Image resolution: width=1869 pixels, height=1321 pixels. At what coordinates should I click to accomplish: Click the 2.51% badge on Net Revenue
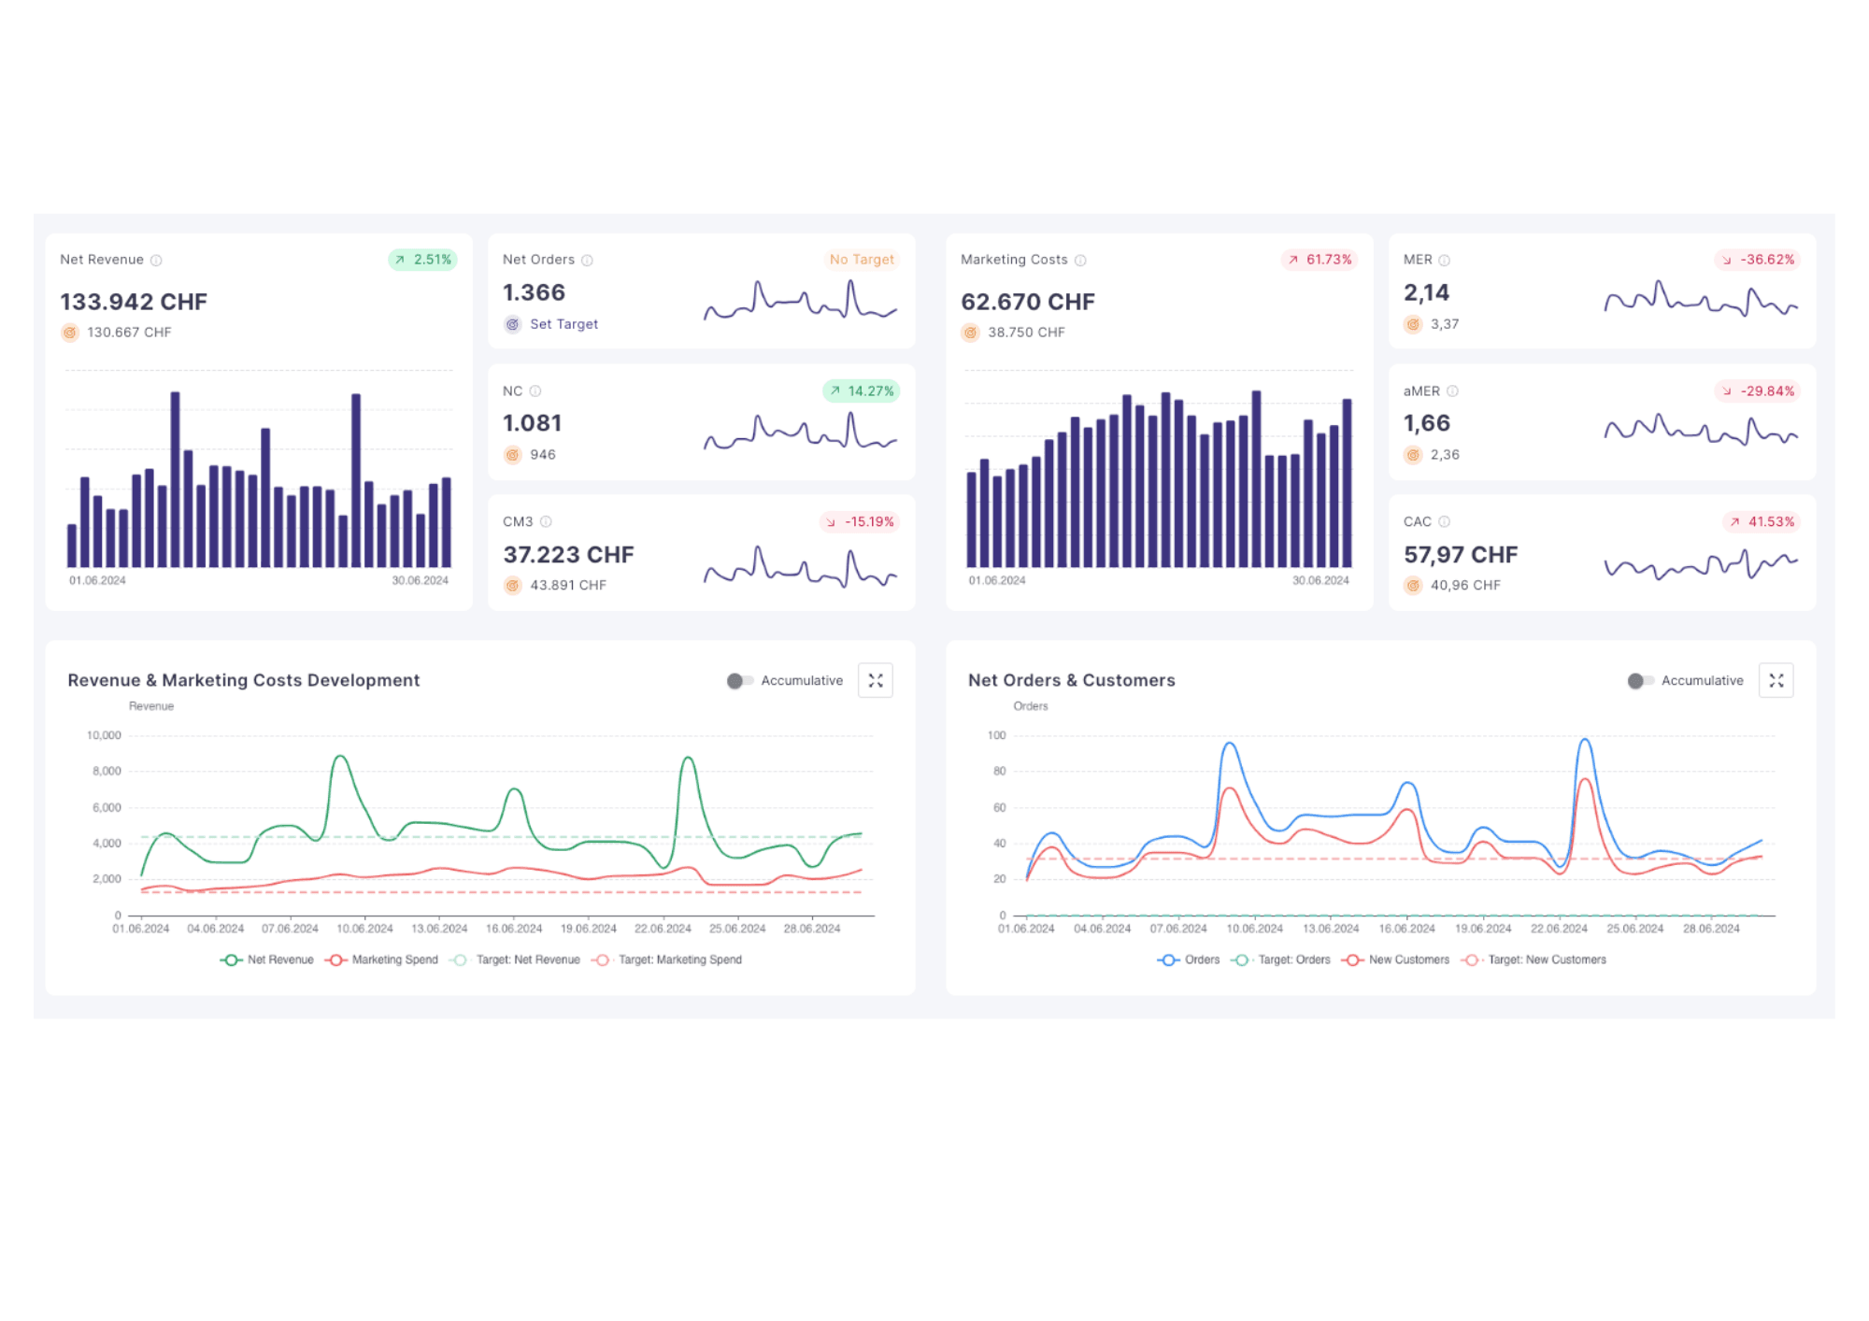coord(422,260)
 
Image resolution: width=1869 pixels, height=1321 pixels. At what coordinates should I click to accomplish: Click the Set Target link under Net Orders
coord(563,324)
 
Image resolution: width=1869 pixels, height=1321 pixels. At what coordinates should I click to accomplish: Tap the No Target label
coord(861,260)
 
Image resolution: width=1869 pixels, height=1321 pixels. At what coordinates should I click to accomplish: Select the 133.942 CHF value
coord(134,302)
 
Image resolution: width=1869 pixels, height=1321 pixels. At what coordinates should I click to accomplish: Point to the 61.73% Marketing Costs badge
coord(1320,260)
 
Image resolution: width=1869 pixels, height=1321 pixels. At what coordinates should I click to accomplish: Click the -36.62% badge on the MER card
coord(1758,260)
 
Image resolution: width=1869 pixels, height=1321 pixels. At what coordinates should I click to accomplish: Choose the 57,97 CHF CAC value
coord(1460,555)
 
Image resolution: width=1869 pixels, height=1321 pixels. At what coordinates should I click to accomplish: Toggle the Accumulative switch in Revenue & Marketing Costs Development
coord(739,681)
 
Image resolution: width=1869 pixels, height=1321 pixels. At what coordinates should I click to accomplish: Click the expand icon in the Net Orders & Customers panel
coord(1776,681)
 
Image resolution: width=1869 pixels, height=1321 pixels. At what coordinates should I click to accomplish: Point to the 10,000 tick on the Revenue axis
coord(104,735)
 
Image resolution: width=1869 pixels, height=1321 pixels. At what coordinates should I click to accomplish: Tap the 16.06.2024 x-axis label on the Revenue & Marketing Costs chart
coord(514,929)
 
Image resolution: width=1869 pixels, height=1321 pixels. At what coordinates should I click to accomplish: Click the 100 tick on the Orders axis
coord(996,735)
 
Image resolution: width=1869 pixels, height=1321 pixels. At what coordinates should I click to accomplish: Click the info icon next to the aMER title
coord(1452,391)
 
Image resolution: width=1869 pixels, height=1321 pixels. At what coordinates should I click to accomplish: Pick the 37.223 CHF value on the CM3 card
coord(568,555)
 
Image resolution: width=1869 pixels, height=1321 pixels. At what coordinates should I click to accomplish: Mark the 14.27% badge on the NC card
coord(861,391)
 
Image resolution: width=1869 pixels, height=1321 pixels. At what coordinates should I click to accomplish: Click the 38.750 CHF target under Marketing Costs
coord(1025,333)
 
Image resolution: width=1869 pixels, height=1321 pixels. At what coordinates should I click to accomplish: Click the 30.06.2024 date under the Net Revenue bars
coord(420,580)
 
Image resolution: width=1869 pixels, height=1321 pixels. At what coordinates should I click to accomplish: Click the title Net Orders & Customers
coord(1071,680)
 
